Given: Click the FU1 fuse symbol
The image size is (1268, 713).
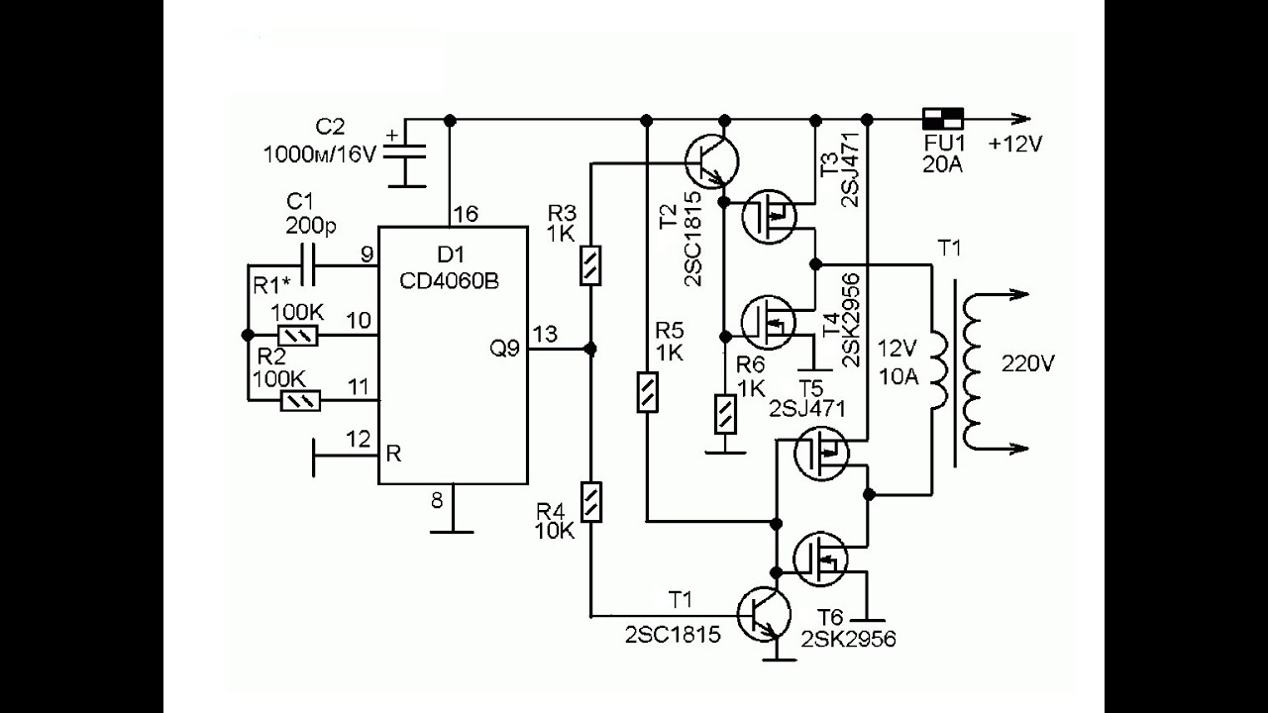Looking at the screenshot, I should (x=942, y=118).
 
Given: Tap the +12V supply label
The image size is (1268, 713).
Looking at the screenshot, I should (x=1014, y=145).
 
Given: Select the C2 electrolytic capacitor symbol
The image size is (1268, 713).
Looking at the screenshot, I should (x=403, y=157).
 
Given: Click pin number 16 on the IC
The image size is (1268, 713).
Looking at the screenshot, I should (x=465, y=214).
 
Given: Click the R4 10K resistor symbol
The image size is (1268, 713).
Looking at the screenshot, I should (x=590, y=501).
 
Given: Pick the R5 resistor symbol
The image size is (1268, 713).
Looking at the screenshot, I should (x=646, y=391).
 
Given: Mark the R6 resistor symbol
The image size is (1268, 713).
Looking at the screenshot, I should (x=725, y=413).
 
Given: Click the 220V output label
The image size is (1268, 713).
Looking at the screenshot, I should (x=1028, y=363).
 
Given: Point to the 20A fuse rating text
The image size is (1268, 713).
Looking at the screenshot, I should (x=942, y=164).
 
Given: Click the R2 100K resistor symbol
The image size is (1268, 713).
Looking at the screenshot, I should (x=298, y=401).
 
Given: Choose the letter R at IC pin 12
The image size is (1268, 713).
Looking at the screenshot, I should (x=393, y=455).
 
